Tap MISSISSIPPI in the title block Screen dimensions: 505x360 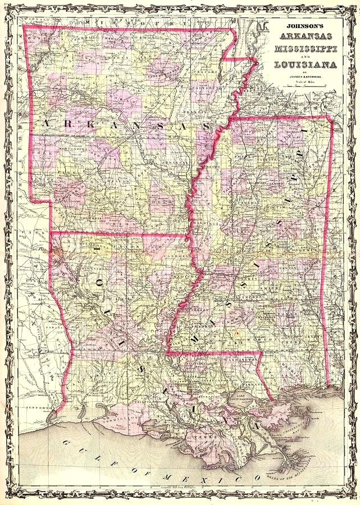306,49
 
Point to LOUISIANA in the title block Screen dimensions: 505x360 306,65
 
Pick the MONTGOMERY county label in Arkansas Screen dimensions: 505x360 71,149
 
